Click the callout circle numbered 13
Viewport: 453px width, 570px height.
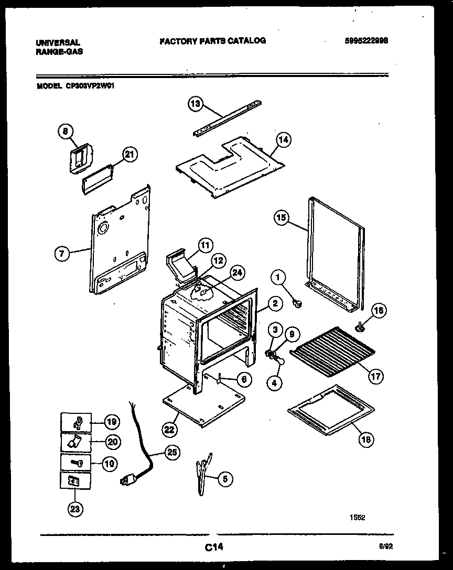pyautogui.click(x=195, y=104)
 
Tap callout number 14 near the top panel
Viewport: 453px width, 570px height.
pyautogui.click(x=283, y=140)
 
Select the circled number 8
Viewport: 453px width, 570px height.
pyautogui.click(x=66, y=133)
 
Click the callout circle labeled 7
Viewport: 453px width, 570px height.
pyautogui.click(x=62, y=254)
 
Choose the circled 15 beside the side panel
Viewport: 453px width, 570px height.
pyautogui.click(x=282, y=218)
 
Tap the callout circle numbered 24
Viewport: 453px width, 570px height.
pyautogui.click(x=238, y=272)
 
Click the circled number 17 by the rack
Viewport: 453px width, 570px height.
pyautogui.click(x=375, y=376)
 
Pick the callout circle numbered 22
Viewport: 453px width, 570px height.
pyautogui.click(x=169, y=430)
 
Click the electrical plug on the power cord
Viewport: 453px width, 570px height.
pyautogui.click(x=126, y=479)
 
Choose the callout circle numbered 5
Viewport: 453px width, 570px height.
pyautogui.click(x=225, y=478)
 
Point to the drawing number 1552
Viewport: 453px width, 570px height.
pyautogui.click(x=357, y=517)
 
